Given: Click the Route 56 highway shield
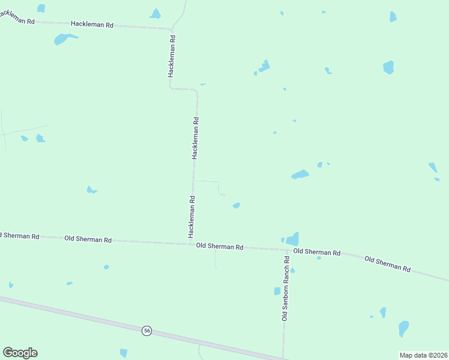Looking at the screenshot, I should coord(146,331).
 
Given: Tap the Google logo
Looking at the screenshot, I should coord(20,353).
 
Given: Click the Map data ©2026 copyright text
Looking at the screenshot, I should coord(423,355).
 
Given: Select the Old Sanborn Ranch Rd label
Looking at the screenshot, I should coord(286,287).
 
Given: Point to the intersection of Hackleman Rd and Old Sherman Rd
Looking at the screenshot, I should coord(191,244).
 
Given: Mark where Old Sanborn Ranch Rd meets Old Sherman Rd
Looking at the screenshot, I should coord(285,248).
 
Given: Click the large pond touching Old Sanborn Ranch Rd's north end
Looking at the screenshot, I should coord(293,239).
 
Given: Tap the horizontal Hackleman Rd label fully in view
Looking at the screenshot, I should coord(92,25).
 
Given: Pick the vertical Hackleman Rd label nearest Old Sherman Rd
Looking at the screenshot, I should coord(191,216).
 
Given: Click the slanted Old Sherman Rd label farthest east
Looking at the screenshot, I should coord(387,264).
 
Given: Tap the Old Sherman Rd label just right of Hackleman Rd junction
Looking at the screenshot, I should coord(219,247).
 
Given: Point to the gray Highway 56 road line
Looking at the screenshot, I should coord(90,317).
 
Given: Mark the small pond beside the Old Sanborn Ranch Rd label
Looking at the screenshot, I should coord(277,291).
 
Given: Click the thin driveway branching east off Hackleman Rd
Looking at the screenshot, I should coord(205,181).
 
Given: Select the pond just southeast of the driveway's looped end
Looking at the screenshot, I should coord(237,205).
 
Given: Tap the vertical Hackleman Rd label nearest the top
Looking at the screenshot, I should coord(172,55).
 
